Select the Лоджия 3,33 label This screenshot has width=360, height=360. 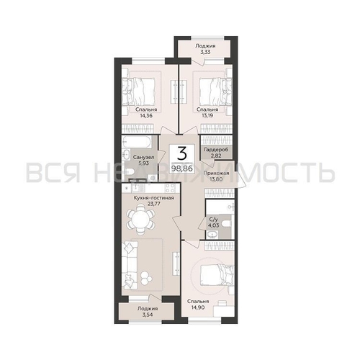(x=203, y=48)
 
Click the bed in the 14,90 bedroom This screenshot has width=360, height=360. (x=215, y=274)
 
